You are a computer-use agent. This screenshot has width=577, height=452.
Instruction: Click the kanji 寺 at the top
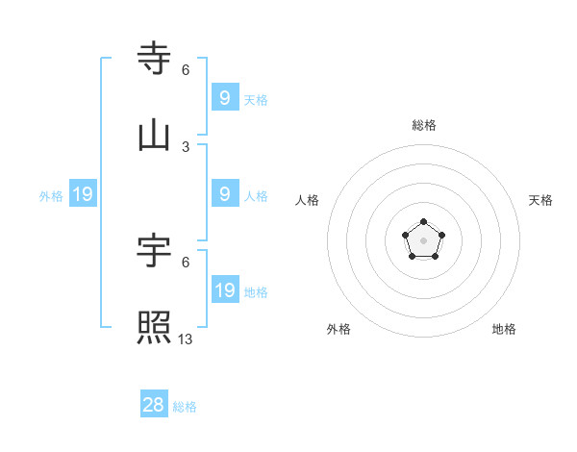tap(155, 58)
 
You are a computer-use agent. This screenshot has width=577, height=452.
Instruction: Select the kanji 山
tap(155, 136)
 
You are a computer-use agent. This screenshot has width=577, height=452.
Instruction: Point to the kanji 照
tap(155, 328)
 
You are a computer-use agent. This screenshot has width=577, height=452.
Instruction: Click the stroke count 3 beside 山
tap(186, 147)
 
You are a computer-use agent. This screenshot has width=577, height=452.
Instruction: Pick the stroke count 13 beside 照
tap(186, 339)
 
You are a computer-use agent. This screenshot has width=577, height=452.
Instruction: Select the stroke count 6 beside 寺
tap(186, 69)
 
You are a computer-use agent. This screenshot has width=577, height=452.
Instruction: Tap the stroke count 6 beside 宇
tap(186, 262)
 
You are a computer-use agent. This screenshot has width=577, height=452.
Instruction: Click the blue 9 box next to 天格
tap(224, 98)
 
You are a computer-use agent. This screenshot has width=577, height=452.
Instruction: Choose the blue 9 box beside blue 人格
tap(224, 194)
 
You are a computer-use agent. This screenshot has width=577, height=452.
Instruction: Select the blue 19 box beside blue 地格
tap(224, 290)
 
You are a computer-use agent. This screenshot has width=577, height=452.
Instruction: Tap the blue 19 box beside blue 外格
tap(82, 195)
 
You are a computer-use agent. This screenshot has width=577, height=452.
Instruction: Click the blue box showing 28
tap(154, 405)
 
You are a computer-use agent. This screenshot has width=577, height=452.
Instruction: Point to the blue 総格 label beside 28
tap(185, 407)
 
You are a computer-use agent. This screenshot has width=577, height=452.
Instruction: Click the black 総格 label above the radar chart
tap(424, 125)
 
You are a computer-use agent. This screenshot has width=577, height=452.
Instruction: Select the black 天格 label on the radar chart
tap(540, 200)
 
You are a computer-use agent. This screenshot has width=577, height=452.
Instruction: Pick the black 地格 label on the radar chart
tap(504, 329)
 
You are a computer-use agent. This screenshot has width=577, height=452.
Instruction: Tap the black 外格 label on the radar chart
tap(339, 329)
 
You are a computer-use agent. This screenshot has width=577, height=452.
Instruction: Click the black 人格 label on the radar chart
tap(308, 200)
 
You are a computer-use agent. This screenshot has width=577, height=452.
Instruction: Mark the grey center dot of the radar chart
tap(423, 239)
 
